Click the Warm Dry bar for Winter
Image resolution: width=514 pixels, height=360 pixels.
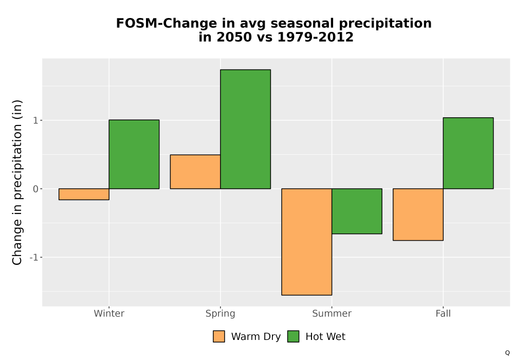84,194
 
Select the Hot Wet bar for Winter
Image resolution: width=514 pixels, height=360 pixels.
134,154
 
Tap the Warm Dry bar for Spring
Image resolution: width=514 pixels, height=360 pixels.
195,171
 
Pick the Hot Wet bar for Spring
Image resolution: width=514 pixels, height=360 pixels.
246,129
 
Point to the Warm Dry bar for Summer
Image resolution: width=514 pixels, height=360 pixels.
306,242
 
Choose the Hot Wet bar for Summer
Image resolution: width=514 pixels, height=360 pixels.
357,211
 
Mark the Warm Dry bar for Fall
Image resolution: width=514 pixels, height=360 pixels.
418,214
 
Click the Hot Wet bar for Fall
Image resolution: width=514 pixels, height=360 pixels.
468,153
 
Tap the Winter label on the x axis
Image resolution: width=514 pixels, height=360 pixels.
109,313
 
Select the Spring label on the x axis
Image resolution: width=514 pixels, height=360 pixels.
221,314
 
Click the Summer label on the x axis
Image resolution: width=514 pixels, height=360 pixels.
332,313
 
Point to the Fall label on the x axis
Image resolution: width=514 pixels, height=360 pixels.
443,313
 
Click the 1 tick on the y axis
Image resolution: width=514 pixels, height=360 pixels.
35,120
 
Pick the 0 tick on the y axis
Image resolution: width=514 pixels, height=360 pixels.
35,189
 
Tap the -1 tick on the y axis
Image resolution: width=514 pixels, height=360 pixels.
34,257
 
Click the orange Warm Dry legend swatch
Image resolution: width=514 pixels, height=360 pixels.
219,336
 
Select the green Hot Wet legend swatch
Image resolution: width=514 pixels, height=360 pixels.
293,336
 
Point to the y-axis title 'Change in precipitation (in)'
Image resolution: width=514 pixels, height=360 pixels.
17,182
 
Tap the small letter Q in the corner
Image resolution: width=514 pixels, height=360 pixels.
507,353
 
